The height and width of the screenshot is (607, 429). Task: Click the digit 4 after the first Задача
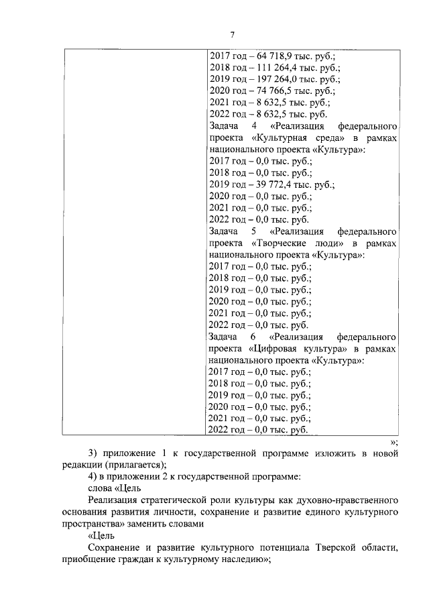click(254, 127)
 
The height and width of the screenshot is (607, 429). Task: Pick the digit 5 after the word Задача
click(254, 233)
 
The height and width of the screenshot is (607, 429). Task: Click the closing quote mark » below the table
click(394, 441)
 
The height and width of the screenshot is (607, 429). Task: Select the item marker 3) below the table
click(93, 453)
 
